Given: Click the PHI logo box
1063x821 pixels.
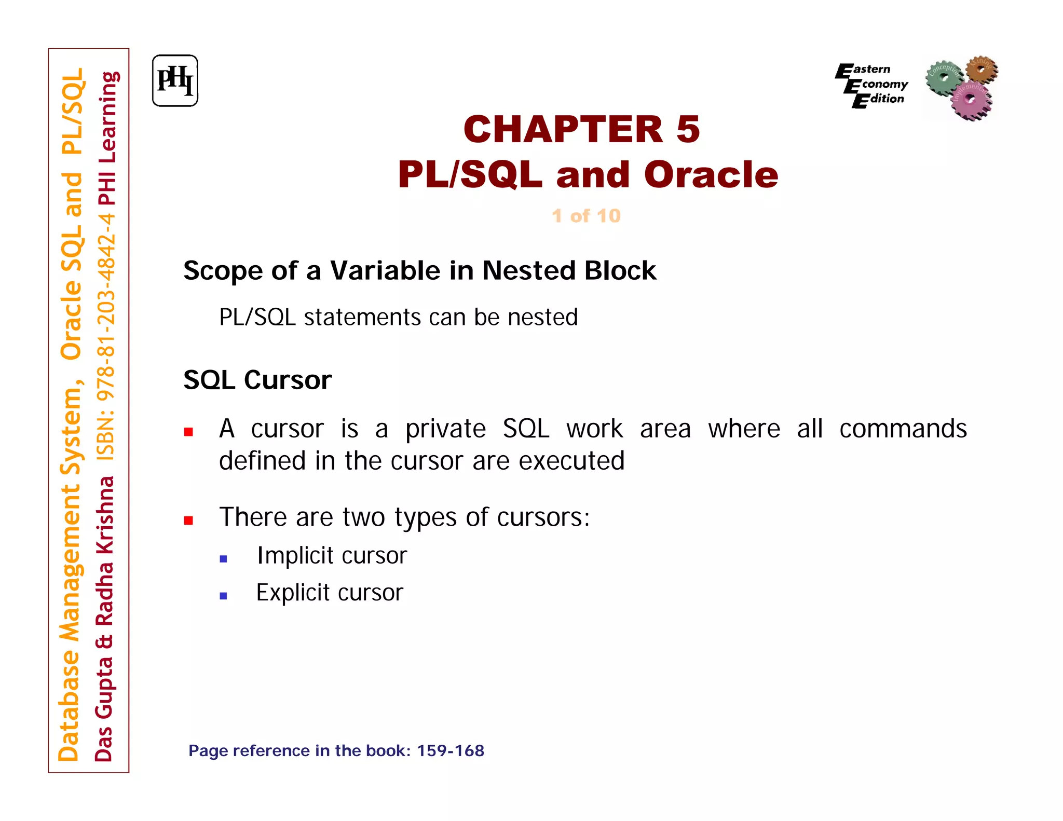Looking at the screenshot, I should pos(175,81).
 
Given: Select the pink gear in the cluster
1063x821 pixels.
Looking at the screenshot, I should pos(970,101).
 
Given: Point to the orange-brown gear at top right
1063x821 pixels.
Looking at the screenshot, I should pos(981,70).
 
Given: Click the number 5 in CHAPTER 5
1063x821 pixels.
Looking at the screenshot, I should pos(688,129).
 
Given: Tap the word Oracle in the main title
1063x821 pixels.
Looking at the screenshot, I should pos(711,174).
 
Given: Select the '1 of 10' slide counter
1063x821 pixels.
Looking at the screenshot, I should pos(586,215).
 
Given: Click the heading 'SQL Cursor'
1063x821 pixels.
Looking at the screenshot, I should pos(257,380).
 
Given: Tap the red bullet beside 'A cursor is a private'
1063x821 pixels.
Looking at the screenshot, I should pos(188,431).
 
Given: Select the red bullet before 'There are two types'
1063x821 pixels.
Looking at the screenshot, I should pos(188,520).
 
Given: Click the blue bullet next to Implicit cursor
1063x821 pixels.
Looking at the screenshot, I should pos(224,559).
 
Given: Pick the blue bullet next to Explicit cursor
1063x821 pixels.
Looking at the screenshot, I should pos(224,596).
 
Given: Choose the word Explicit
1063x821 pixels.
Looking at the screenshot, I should pos(293,593).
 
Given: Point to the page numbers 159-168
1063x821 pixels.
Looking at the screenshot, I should pos(450,750).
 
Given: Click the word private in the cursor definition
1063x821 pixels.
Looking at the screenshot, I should pos(445,429).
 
